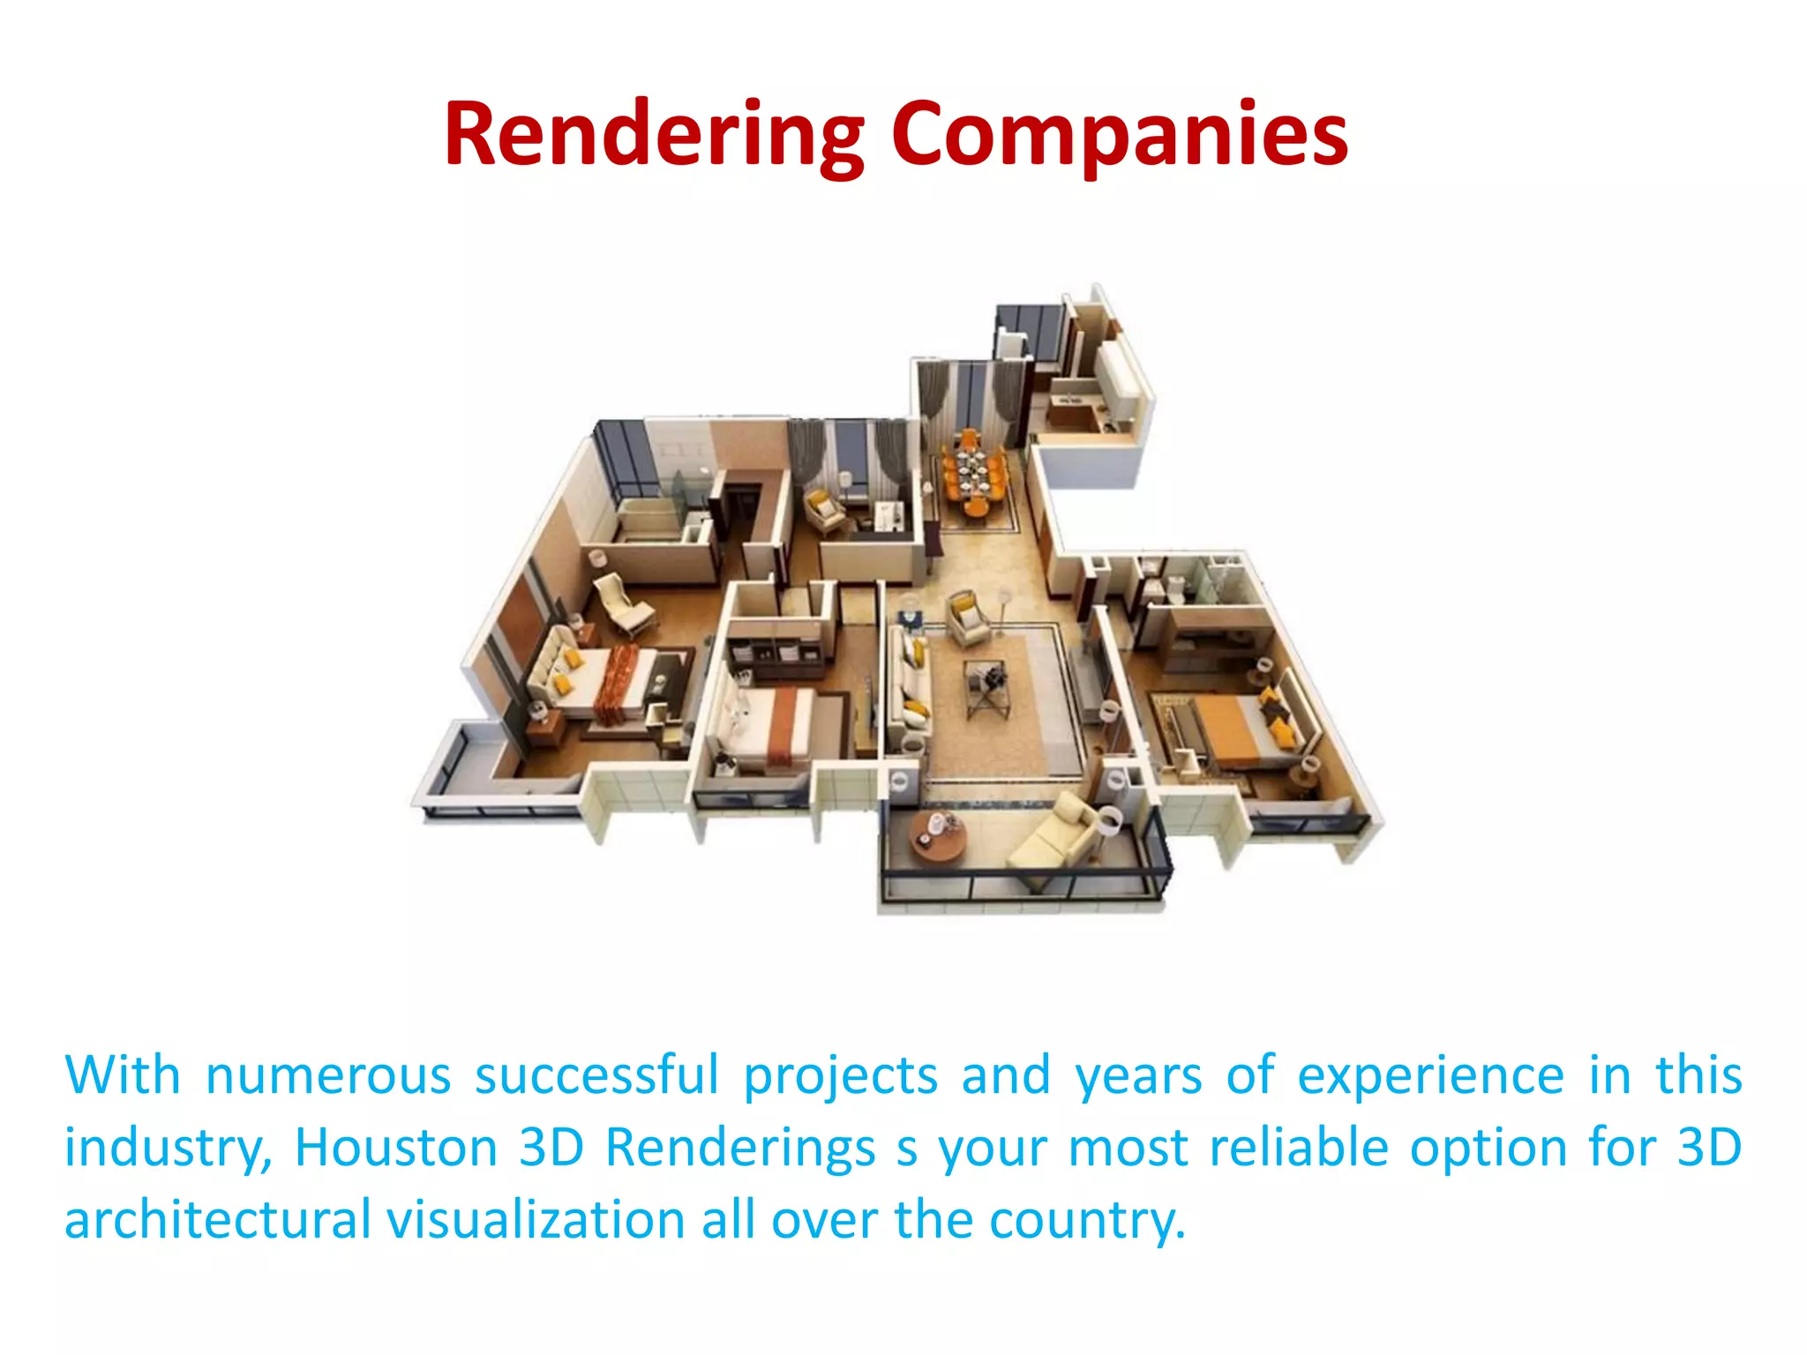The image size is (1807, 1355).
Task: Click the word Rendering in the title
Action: pyautogui.click(x=654, y=135)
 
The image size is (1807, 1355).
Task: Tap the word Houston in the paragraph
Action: pyautogui.click(x=396, y=1148)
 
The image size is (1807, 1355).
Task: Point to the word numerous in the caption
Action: pyautogui.click(x=328, y=1075)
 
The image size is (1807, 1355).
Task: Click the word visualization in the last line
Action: pyautogui.click(x=536, y=1220)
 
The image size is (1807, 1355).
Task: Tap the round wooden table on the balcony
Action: pyautogui.click(x=937, y=835)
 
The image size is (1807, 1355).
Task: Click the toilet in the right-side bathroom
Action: pyautogui.click(x=1175, y=587)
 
